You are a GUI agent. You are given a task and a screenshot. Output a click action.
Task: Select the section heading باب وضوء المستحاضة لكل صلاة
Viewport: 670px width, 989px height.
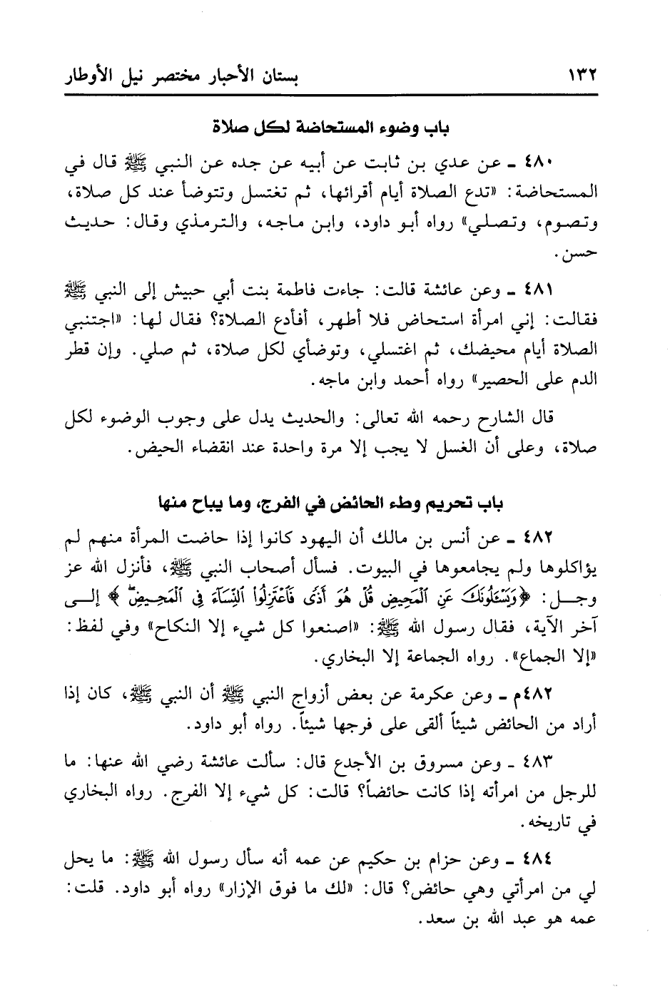pos(335,129)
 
